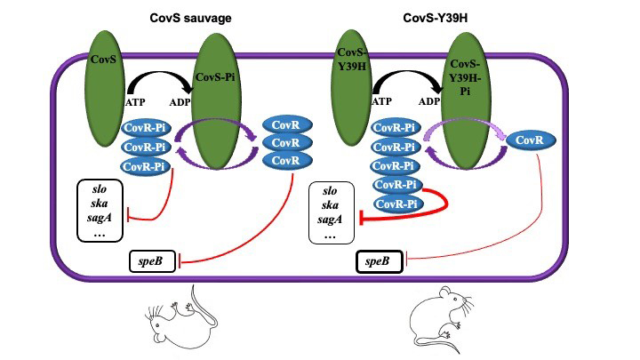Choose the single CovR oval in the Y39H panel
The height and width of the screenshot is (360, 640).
531,140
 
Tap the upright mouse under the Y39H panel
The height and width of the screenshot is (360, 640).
445,317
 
